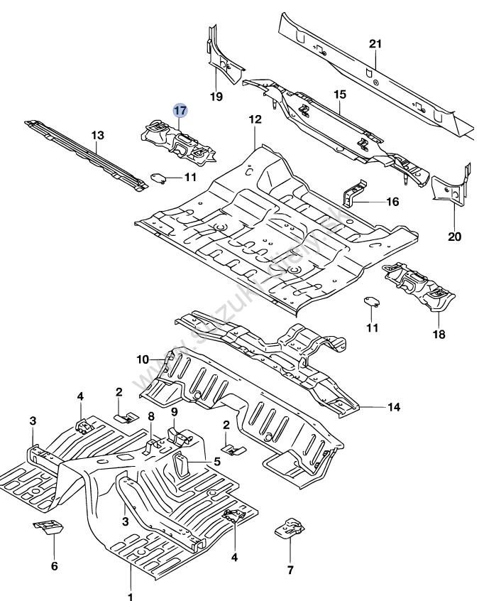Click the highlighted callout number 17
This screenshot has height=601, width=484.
point(181,110)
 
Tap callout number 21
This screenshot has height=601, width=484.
point(375,44)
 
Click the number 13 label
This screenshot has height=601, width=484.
point(97,135)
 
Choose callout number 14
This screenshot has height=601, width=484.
point(393,407)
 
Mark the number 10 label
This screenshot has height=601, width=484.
point(143,359)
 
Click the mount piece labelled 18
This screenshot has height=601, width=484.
point(417,286)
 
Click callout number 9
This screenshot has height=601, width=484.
point(173,412)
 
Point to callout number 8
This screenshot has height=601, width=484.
point(151,416)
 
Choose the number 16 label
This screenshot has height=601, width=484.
point(392,202)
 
